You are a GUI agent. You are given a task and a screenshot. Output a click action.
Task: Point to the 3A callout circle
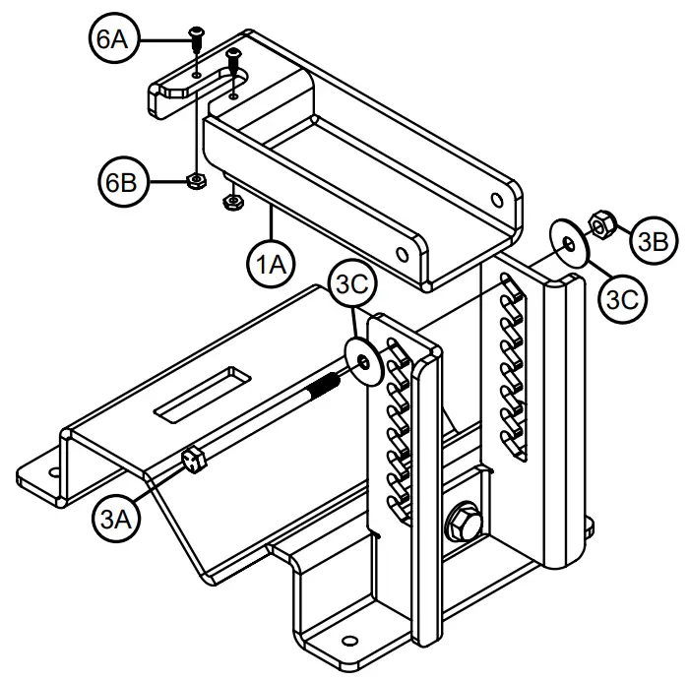point(115,516)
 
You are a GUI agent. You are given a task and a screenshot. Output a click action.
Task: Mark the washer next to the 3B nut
point(567,241)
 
